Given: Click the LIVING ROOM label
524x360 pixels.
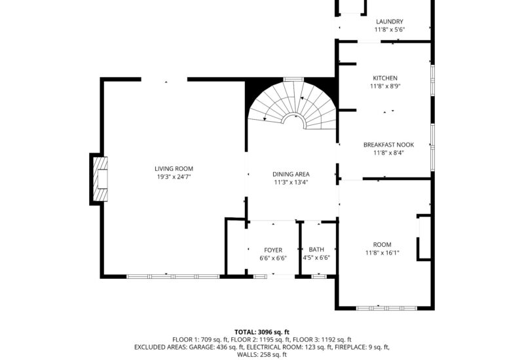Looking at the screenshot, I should [174, 168].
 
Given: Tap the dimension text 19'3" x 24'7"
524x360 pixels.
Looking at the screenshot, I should [174, 177].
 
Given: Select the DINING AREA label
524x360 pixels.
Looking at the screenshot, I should [291, 174].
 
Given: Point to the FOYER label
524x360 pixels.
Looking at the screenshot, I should [273, 250].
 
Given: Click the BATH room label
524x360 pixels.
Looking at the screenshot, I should [316, 250].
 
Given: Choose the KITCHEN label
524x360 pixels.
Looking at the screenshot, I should [385, 79].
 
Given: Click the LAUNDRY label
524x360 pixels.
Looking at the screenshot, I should [389, 22].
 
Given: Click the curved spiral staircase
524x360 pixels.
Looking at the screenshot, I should [291, 105].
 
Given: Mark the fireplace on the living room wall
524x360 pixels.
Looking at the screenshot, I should [99, 179].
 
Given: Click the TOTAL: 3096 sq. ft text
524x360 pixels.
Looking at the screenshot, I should [262, 332].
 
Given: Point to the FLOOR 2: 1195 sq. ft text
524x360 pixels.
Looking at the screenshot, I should [262, 340].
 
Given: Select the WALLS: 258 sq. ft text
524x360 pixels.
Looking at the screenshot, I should [262, 355].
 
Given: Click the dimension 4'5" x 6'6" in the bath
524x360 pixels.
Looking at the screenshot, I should [316, 258].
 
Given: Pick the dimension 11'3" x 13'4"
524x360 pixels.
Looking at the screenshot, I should [291, 183].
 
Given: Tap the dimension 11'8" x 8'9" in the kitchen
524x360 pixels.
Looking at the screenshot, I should [385, 86].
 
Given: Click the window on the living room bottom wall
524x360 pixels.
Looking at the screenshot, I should [173, 276].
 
